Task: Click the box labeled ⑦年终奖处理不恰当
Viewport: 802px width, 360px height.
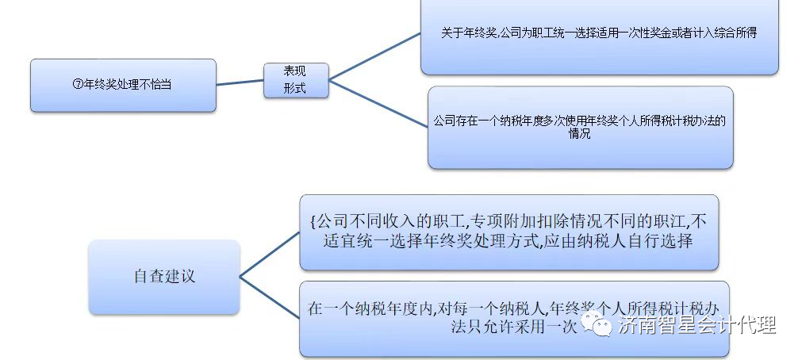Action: [x=123, y=85]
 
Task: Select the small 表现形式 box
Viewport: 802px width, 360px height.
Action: [x=296, y=80]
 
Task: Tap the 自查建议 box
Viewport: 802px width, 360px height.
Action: [x=164, y=277]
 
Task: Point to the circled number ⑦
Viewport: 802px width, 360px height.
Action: [x=78, y=84]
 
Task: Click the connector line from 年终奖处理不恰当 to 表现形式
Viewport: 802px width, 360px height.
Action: [x=240, y=82]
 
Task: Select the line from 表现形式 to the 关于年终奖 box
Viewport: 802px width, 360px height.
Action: [x=374, y=56]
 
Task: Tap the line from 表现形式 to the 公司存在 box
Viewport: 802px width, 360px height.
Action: [x=378, y=101]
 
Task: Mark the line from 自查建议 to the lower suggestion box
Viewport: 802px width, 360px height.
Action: [x=269, y=299]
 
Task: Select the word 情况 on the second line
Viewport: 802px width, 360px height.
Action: [x=580, y=134]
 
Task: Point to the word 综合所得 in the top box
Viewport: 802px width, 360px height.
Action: [x=735, y=33]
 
